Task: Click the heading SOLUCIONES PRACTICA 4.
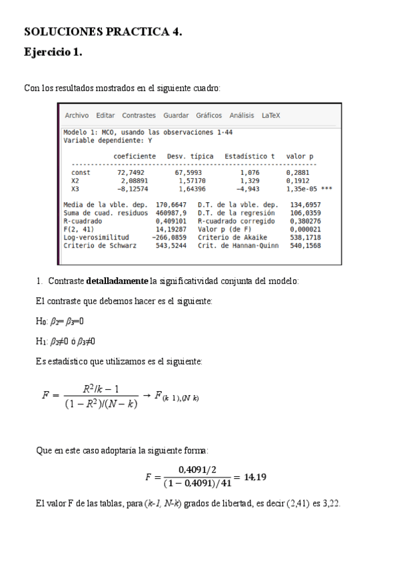(x=103, y=31)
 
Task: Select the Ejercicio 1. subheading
(x=53, y=52)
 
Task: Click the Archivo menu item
(x=77, y=115)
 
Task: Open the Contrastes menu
(x=139, y=115)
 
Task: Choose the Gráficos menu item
(x=208, y=115)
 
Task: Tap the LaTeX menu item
(x=271, y=115)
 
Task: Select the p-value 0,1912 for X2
(x=298, y=180)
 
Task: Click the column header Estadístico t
(x=249, y=156)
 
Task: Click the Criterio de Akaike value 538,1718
(x=305, y=237)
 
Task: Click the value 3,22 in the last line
(x=331, y=503)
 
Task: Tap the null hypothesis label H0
(x=41, y=322)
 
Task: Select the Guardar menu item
(x=176, y=115)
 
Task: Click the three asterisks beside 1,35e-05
(x=326, y=189)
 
